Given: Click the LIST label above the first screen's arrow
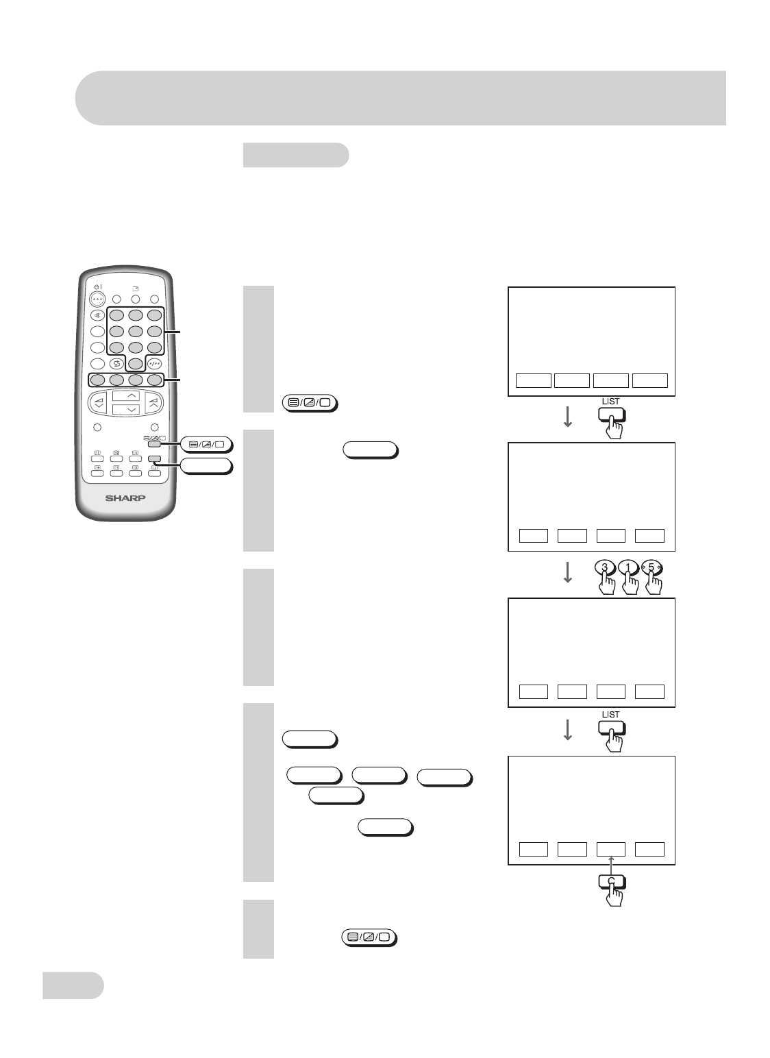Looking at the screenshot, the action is tap(610, 401).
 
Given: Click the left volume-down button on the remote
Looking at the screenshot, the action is tap(99, 402).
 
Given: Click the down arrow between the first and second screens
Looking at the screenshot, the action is tap(567, 419).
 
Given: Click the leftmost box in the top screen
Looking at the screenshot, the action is tap(533, 380).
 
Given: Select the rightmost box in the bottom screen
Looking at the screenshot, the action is tap(649, 848).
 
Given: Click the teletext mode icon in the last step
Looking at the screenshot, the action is tap(369, 937).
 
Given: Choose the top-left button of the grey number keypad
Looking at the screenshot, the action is tap(118, 316).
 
